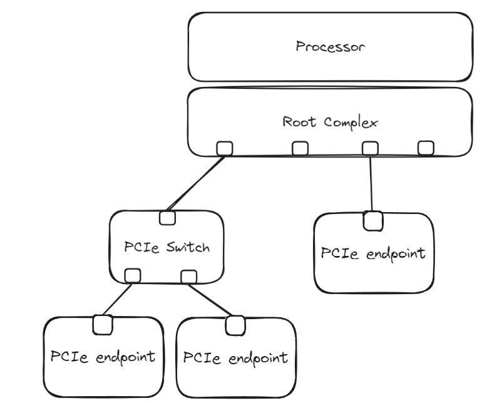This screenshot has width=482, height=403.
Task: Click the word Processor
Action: [x=330, y=47]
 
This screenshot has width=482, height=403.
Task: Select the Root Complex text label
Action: [x=330, y=122]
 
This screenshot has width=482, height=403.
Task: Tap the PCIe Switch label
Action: [x=167, y=247]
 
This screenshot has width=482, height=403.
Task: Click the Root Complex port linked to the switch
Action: [x=224, y=148]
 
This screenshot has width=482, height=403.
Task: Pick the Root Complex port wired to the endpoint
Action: [x=370, y=148]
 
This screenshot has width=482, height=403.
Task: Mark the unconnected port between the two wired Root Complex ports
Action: [x=300, y=148]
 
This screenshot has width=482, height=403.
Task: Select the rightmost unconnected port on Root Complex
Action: [x=426, y=148]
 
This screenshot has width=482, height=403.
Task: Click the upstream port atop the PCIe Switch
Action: [x=167, y=218]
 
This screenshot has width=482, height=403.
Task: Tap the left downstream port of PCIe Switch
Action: [x=133, y=275]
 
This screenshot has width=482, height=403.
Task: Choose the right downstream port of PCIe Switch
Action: [x=188, y=276]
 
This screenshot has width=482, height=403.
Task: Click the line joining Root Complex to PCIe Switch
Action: [x=195, y=183]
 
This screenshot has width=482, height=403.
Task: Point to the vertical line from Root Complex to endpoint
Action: [x=372, y=185]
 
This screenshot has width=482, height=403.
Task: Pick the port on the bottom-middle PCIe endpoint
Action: [x=235, y=325]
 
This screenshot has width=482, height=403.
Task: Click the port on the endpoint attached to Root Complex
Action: [x=373, y=220]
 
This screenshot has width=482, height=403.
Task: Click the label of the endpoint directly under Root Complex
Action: [x=373, y=253]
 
